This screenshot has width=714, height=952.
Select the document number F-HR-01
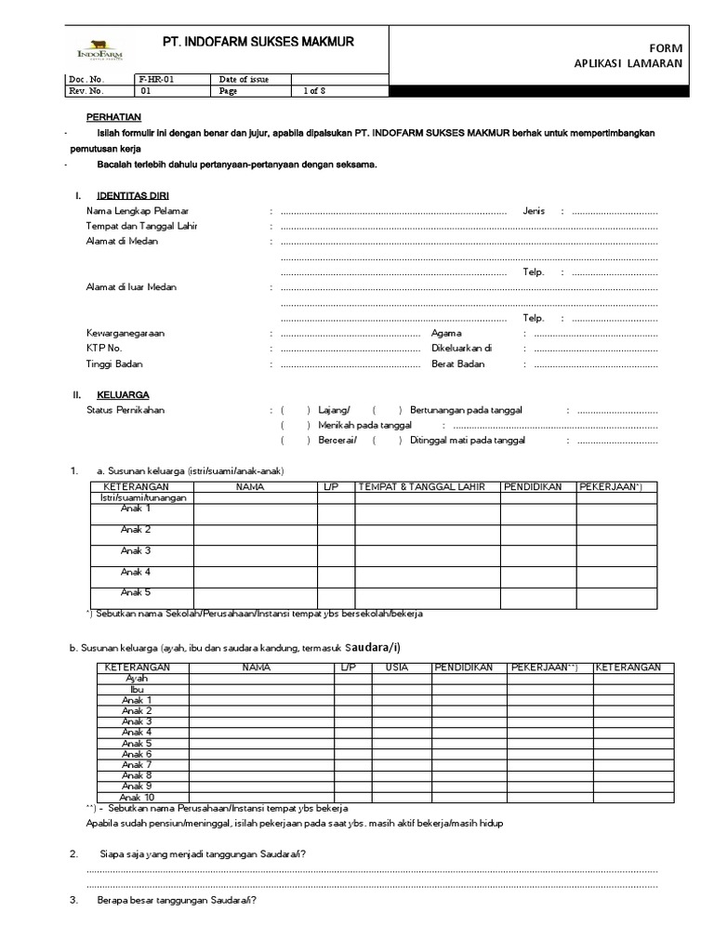(x=153, y=79)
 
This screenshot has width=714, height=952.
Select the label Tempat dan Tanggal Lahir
(x=141, y=226)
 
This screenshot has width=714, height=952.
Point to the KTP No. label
(x=105, y=348)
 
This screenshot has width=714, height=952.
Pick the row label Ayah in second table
(x=136, y=679)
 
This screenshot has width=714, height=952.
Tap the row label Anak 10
(x=136, y=797)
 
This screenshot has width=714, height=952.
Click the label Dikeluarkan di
(x=461, y=348)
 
